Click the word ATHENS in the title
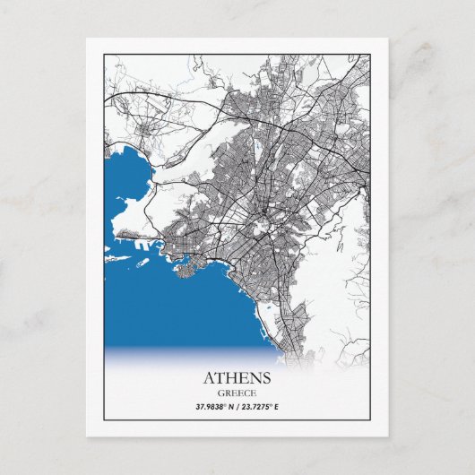tap(237, 377)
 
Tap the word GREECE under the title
tap(237, 392)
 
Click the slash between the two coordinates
tap(237, 406)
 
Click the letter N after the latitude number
tap(230, 406)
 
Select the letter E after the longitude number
tap(278, 406)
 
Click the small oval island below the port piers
tap(142, 263)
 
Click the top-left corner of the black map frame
tap(104, 54)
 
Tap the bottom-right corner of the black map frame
tap(370, 419)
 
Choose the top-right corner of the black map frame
tap(370, 54)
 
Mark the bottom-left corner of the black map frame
tap(104, 419)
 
